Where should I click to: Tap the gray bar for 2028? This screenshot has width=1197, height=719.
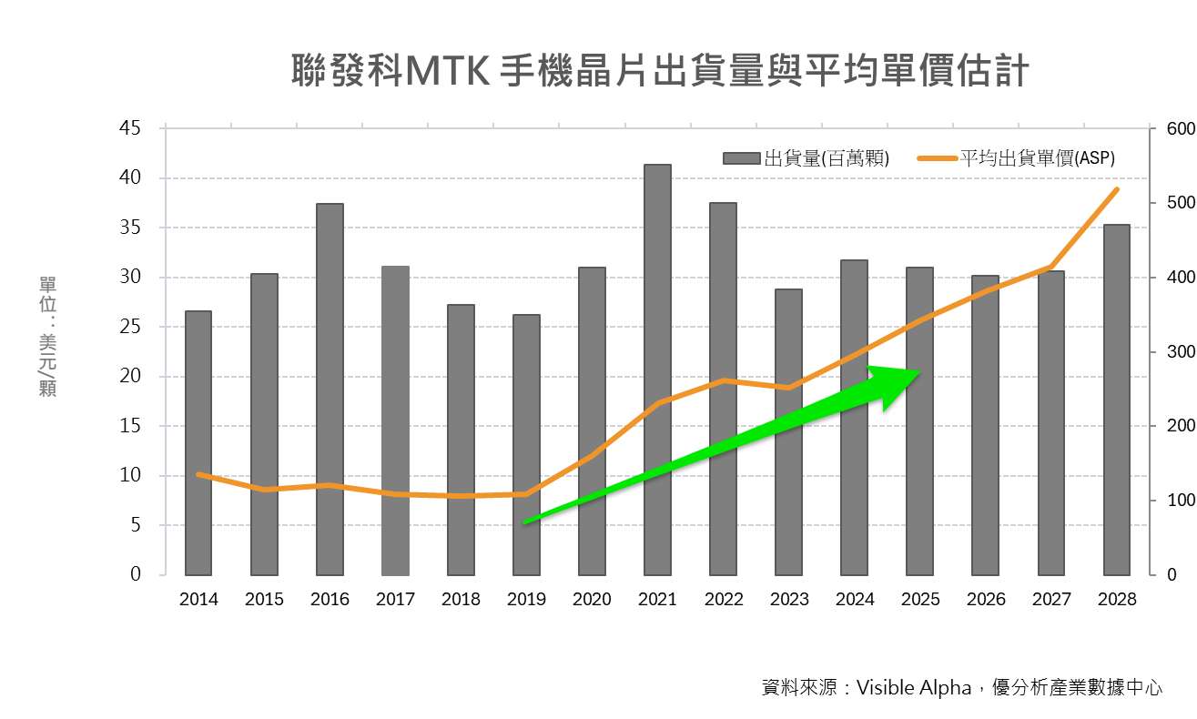point(1117,400)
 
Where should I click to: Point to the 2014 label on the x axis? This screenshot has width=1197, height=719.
point(198,599)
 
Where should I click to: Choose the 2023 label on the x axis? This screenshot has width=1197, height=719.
point(788,599)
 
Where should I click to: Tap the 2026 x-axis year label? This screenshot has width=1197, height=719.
point(986,599)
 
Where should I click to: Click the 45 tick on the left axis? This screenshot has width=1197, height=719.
point(130,128)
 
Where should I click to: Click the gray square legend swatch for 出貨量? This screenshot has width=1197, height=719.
point(742,158)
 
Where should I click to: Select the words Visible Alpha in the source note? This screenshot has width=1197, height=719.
point(914,687)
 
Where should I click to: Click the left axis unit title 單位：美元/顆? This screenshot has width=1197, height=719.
point(47,337)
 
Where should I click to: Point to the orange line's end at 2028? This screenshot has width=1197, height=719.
point(1117,189)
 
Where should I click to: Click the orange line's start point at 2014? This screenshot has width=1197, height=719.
point(198,474)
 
